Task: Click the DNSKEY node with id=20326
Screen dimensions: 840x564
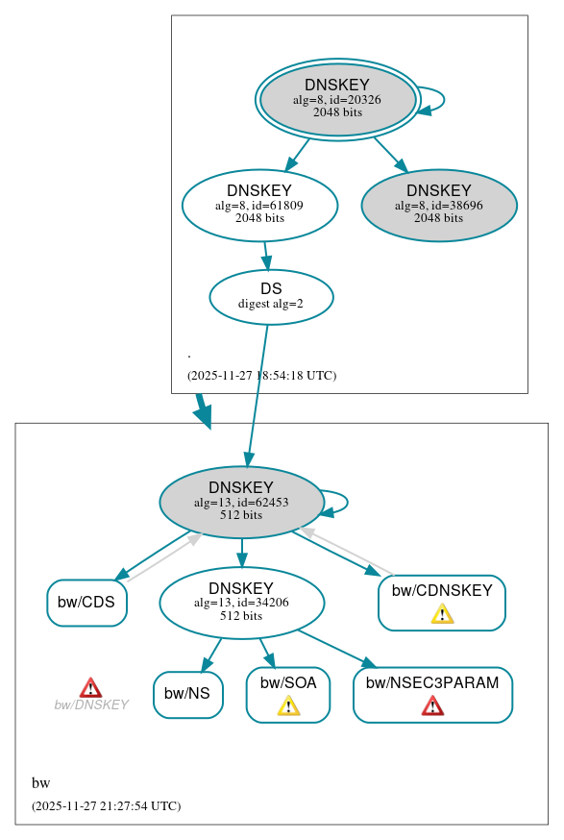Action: coord(337,99)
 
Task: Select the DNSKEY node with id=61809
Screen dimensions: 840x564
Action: coord(259,205)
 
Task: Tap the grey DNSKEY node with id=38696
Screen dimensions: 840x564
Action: coord(439,205)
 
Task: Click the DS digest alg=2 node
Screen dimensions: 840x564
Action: coord(271,296)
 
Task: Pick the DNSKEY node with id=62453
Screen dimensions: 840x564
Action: coord(241,502)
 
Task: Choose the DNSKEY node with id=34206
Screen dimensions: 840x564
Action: coord(241,603)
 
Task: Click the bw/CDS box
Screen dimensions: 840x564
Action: coord(86,603)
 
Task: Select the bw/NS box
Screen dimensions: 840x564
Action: coord(187,694)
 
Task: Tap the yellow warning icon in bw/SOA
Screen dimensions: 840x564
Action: coord(288,706)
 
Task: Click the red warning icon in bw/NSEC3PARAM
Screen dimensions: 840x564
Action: coord(432,706)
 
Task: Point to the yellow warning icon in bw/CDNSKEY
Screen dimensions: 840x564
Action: coord(442,614)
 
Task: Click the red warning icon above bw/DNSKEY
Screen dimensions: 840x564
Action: coord(90,687)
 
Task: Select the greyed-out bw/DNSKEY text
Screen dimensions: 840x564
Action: coord(91,705)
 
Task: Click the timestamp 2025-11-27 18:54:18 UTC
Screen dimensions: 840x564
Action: coord(261,376)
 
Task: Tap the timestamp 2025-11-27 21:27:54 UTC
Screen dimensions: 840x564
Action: coord(106,806)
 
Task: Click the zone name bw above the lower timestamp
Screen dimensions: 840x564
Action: coord(40,783)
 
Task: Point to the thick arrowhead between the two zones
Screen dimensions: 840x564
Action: coord(203,414)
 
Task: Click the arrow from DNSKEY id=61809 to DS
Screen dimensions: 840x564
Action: coord(266,256)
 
